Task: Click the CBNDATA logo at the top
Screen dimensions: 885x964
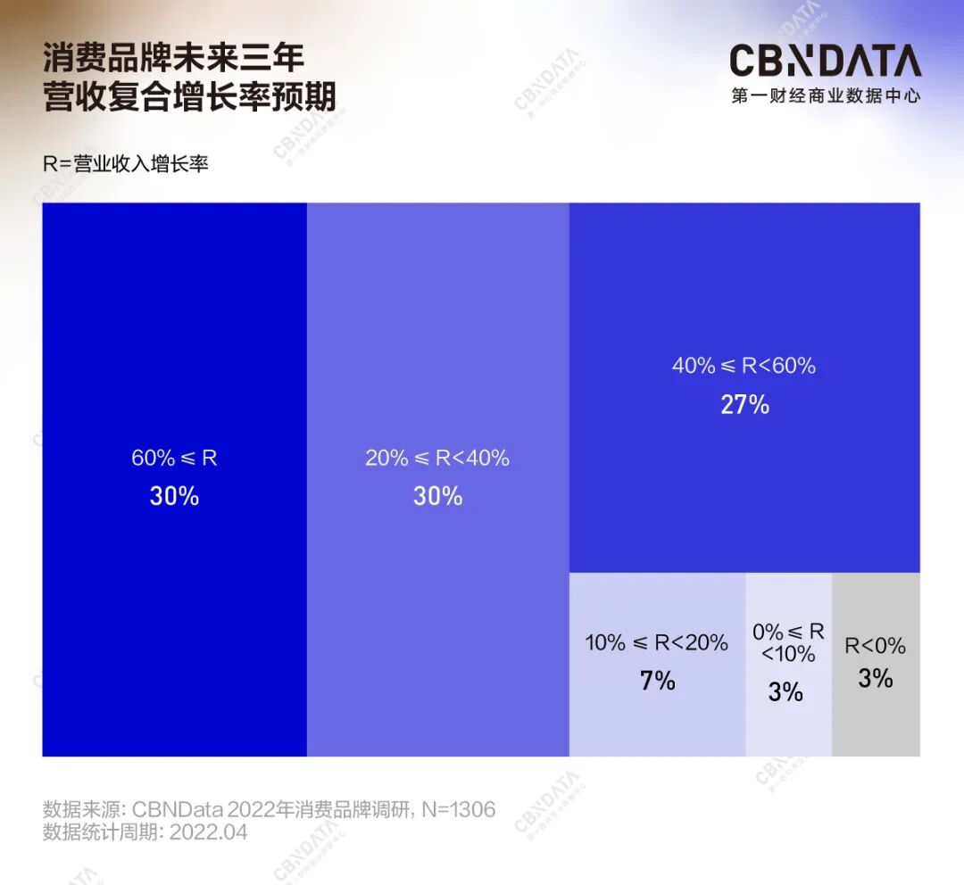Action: (x=825, y=61)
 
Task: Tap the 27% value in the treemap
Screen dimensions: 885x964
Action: (x=744, y=405)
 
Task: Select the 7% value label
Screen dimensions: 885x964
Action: (x=657, y=682)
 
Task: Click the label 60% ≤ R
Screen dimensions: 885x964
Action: (x=174, y=459)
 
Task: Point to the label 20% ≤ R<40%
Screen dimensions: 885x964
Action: (x=437, y=459)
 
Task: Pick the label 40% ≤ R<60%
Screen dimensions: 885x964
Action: (x=744, y=366)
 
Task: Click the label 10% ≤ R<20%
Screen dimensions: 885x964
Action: (x=657, y=642)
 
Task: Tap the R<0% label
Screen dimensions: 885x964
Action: (x=875, y=646)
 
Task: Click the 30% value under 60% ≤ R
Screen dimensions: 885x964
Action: (x=174, y=497)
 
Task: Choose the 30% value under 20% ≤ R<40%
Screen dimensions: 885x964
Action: (x=437, y=497)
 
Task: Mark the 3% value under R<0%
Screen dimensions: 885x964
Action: (x=875, y=679)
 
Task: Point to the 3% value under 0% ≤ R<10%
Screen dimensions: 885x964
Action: (x=785, y=692)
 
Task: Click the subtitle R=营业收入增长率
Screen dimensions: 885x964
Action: (x=126, y=164)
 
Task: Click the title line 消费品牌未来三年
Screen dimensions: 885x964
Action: (x=174, y=58)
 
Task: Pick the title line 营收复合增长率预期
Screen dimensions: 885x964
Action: (x=190, y=97)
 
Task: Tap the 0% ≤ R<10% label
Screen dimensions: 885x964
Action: (x=788, y=643)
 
